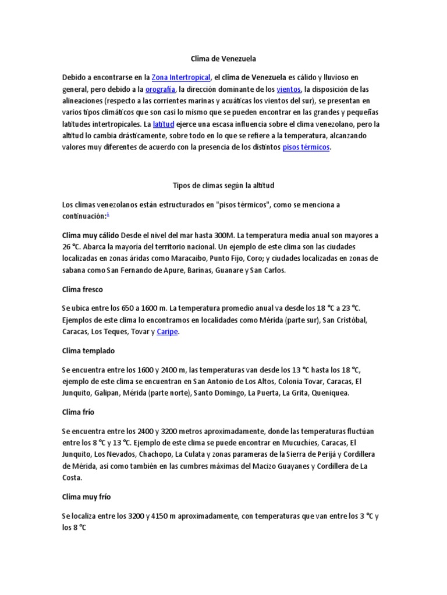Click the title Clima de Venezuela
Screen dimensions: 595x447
coord(223,59)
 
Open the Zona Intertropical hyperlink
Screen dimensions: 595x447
coord(181,77)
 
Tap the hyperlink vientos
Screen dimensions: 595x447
coord(289,89)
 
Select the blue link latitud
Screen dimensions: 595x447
coord(163,124)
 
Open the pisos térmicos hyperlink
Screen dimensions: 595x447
coord(306,147)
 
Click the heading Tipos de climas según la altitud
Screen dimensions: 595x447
coord(223,186)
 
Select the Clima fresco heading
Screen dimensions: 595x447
coord(82,289)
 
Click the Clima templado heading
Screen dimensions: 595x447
coord(88,350)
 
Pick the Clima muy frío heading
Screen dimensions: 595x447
coord(86,497)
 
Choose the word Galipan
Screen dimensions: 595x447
coord(110,393)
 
